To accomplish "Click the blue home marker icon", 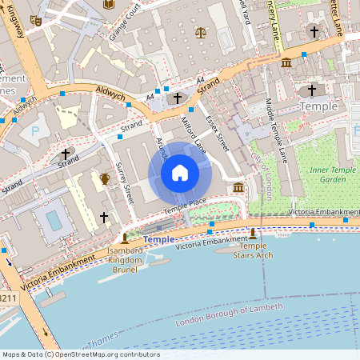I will (180, 173).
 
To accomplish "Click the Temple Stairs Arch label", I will (253, 251).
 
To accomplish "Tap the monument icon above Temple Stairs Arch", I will (254, 233).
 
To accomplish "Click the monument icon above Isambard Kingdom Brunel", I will (124, 238).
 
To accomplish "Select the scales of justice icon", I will (199, 34).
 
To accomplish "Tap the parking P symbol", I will (34, 130).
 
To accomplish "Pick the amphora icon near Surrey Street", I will (105, 178).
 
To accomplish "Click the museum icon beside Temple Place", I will (238, 187).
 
